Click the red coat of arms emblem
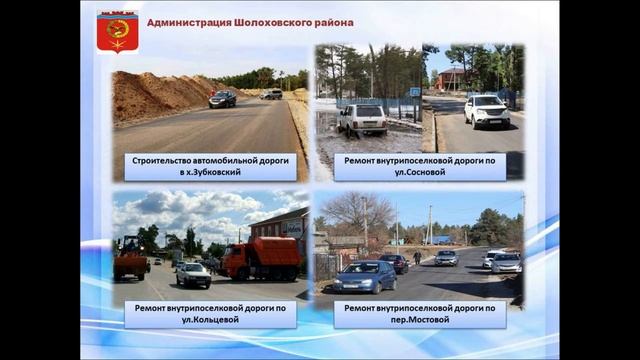pos(117,31)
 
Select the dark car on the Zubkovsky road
pos(222,99)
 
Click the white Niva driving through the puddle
pos(362,119)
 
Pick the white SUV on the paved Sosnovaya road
pos(486,110)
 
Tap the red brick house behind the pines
pos(452,78)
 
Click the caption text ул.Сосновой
pos(420,173)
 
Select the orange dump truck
pos(260,258)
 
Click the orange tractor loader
pos(131,258)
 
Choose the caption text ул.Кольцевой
pos(210,321)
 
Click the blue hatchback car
pos(364,277)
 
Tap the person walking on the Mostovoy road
pos(417,258)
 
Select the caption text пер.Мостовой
pos(420,321)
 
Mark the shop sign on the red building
pos(294,227)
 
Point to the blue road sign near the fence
pos(414,92)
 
